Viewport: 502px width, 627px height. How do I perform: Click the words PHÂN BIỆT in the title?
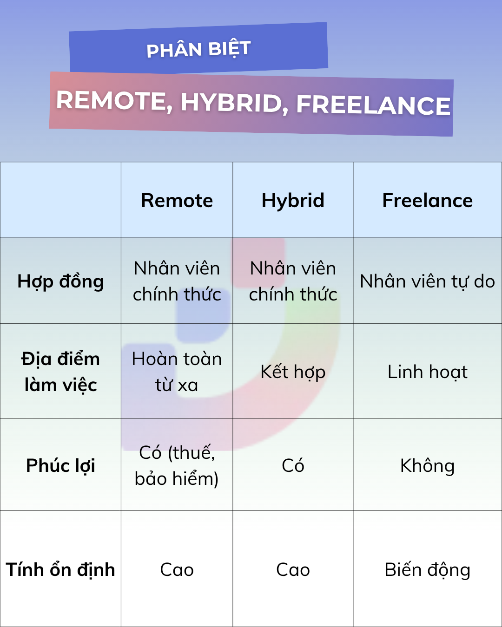pyautogui.click(x=198, y=49)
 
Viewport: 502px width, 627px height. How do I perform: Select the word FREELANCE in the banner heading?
pyautogui.click(x=373, y=105)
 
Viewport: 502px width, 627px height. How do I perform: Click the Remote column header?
pyautogui.click(x=177, y=201)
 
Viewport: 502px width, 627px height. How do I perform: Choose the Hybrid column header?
pyautogui.click(x=293, y=201)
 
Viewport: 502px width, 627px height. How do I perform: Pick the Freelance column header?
pyautogui.click(x=427, y=201)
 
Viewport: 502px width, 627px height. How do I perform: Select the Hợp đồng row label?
pyautogui.click(x=60, y=282)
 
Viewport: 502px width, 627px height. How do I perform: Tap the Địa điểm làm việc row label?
pyautogui.click(x=60, y=372)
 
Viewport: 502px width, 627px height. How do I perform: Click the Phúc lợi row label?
pyautogui.click(x=60, y=465)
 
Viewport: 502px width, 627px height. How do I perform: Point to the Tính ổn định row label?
pyautogui.click(x=60, y=570)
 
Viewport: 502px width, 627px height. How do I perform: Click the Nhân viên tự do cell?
pyautogui.click(x=427, y=282)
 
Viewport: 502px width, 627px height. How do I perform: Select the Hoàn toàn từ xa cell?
pyautogui.click(x=177, y=372)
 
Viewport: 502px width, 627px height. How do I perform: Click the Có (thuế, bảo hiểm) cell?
pyautogui.click(x=177, y=465)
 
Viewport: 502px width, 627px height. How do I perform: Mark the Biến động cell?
pyautogui.click(x=427, y=570)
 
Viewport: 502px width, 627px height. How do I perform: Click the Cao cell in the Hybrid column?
pyautogui.click(x=293, y=570)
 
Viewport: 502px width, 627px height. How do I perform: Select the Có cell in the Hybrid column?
pyautogui.click(x=293, y=465)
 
